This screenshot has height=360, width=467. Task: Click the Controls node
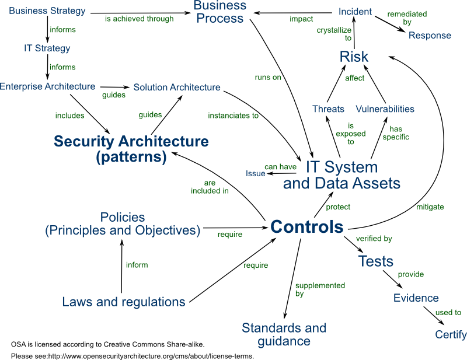[306, 227]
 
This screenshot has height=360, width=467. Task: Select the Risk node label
[354, 57]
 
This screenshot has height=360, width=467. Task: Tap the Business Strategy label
[47, 11]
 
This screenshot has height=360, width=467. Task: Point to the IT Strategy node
[47, 48]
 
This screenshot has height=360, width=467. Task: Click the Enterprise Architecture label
[47, 86]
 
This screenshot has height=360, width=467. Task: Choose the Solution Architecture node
[177, 88]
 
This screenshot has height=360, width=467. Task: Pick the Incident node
[356, 11]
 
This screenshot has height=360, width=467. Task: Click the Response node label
[430, 35]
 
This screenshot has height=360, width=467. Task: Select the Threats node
[328, 109]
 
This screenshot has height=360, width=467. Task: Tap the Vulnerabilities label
[385, 109]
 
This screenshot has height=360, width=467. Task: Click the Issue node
[256, 173]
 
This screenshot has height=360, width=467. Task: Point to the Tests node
[375, 261]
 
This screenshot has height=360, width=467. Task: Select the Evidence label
[416, 298]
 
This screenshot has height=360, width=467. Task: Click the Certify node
[451, 335]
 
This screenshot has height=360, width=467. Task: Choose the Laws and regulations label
[124, 302]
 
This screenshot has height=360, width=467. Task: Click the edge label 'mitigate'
[430, 207]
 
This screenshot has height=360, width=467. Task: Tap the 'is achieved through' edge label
[139, 19]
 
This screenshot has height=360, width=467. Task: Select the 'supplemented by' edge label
[312, 290]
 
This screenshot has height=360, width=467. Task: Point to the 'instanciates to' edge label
[233, 116]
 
